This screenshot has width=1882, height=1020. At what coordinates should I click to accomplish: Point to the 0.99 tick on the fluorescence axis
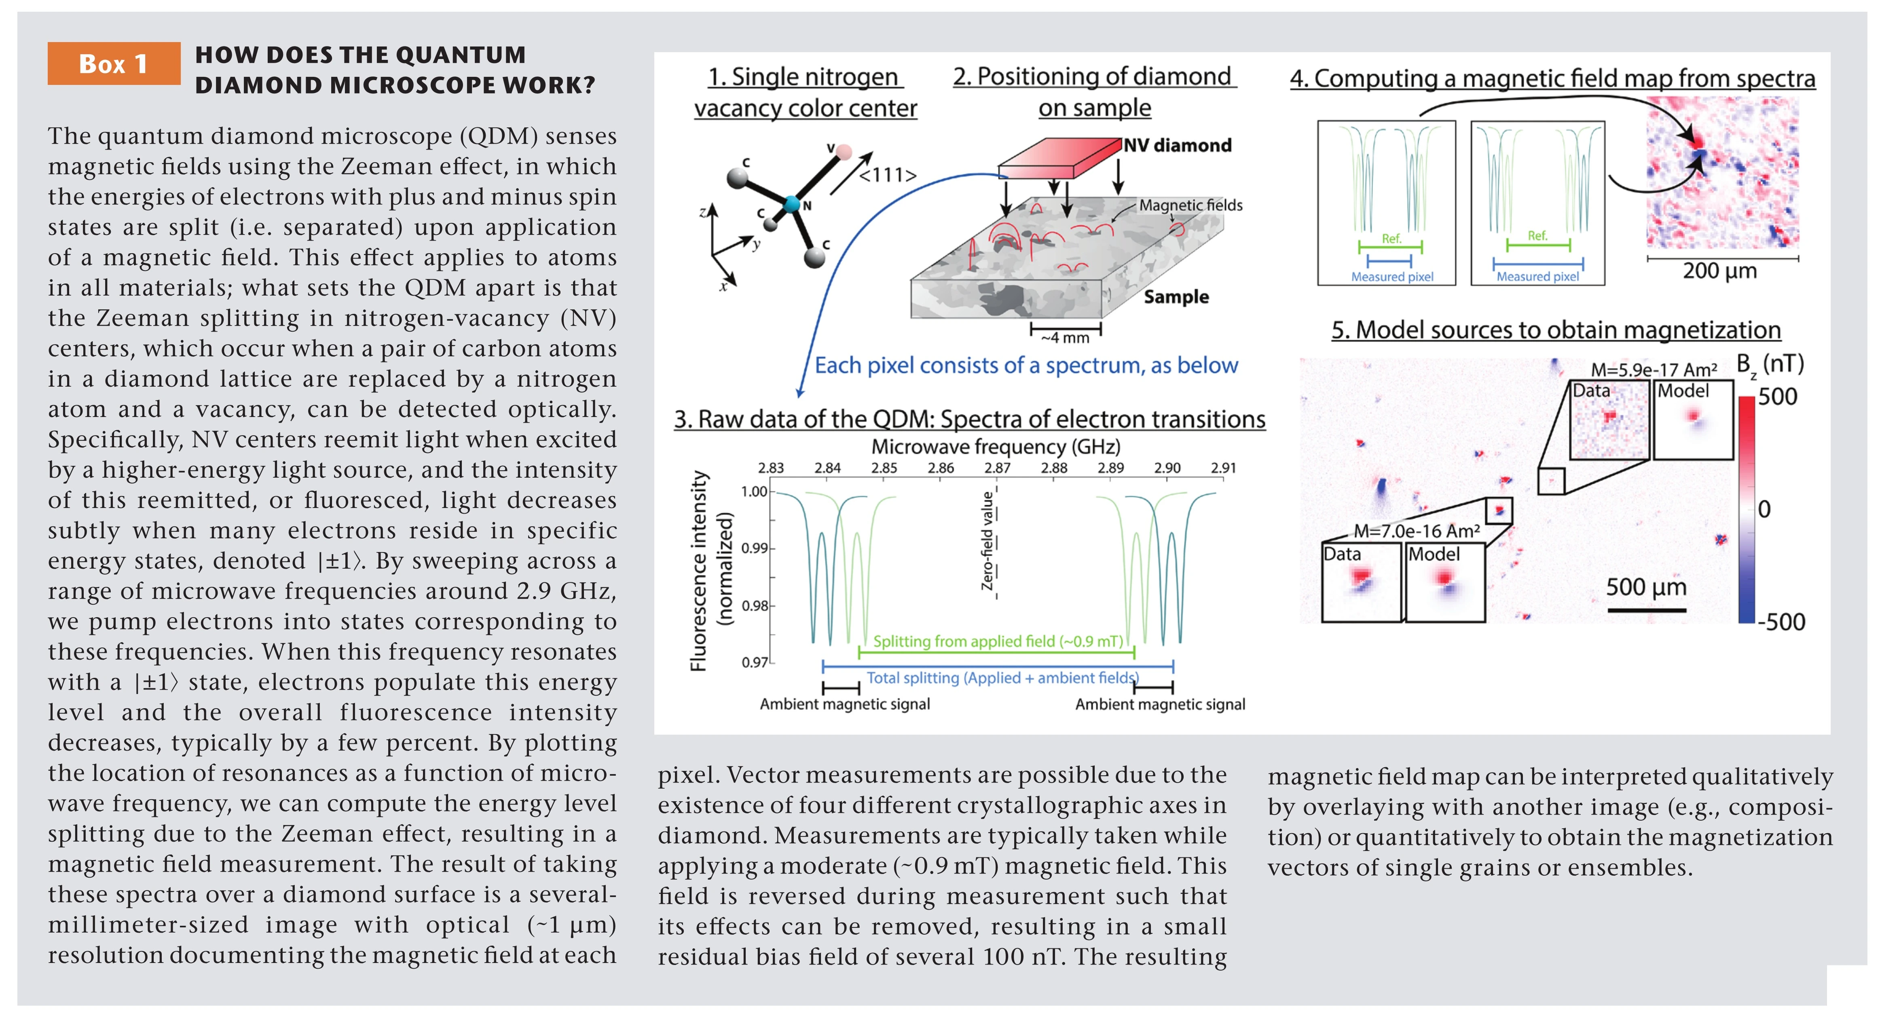[x=754, y=548]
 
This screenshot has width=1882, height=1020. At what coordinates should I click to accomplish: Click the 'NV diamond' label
[x=1177, y=146]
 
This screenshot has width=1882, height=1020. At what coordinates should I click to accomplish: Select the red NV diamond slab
[x=1059, y=157]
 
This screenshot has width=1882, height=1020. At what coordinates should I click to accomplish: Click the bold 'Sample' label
[x=1176, y=296]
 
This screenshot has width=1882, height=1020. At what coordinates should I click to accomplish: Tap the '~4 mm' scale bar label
[x=1065, y=338]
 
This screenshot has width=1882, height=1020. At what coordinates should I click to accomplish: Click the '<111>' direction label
[x=887, y=176]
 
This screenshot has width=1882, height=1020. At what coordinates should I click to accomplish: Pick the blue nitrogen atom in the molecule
[x=791, y=204]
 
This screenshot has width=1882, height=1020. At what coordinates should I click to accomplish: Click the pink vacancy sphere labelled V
[x=844, y=152]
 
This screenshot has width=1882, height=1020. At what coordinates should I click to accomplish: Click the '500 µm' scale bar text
[x=1646, y=587]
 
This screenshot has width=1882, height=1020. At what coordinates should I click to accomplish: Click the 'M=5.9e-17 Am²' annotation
[x=1654, y=370]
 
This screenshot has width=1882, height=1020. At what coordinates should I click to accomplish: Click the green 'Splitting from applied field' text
[x=997, y=641]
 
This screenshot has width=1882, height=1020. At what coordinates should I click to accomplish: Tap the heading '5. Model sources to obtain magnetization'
[x=1555, y=330]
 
